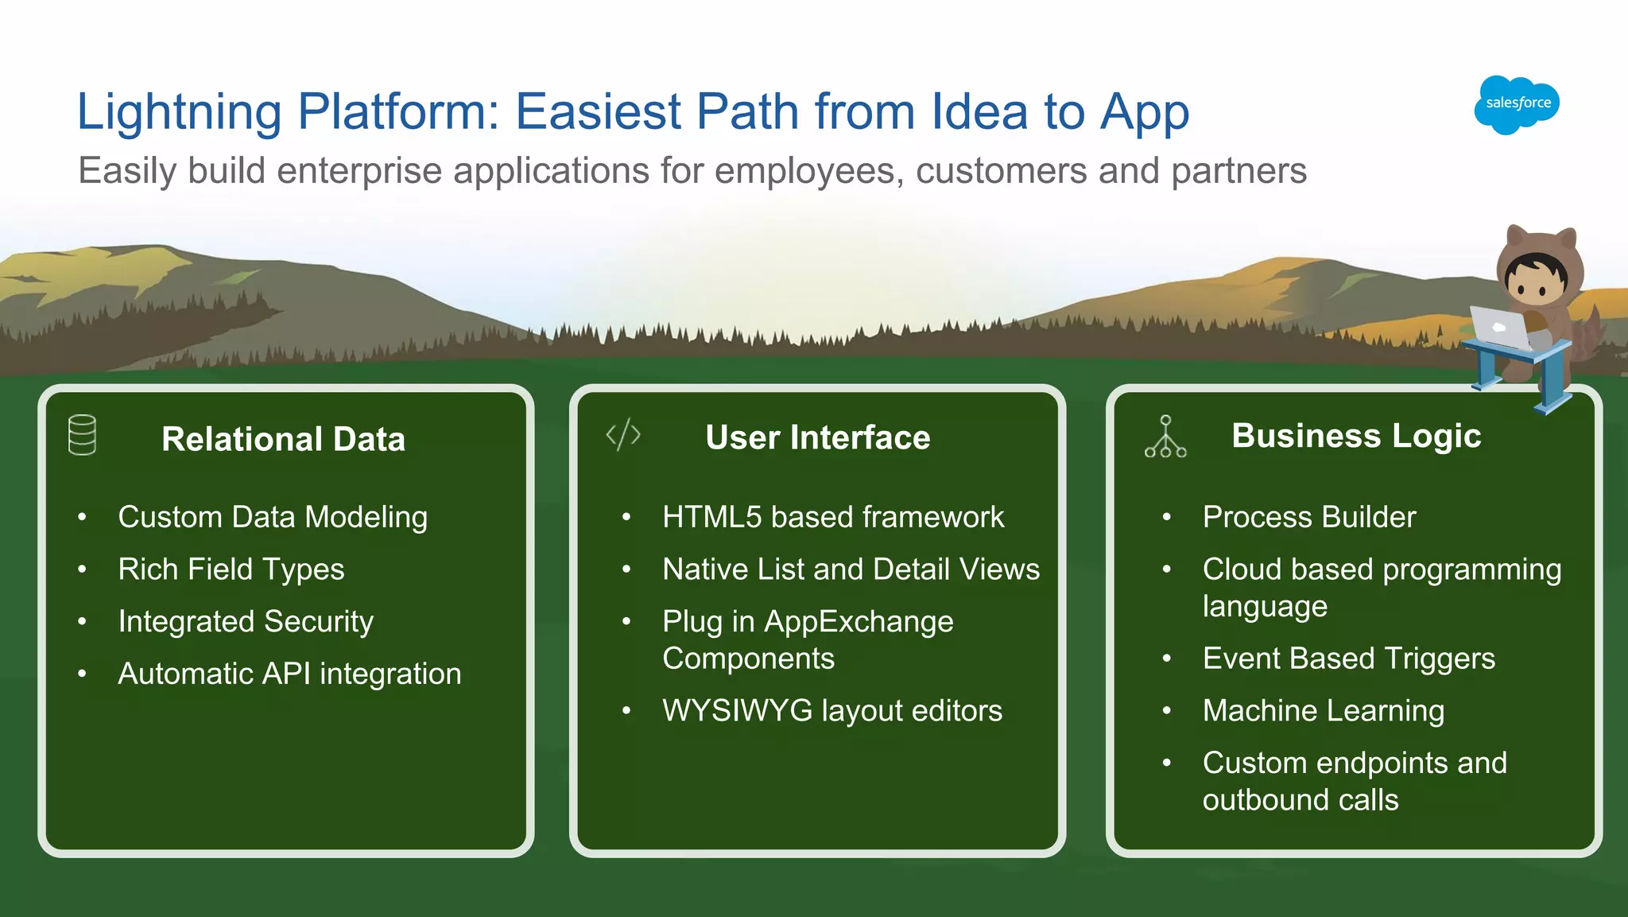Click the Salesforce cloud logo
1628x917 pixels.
coord(1517,104)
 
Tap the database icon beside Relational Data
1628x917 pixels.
coord(83,435)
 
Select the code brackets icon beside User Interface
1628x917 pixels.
coord(623,435)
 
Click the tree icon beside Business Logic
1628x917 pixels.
coord(1165,437)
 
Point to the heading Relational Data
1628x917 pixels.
coord(283,439)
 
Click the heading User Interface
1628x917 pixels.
coord(817,437)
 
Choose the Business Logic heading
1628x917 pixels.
coord(1356,436)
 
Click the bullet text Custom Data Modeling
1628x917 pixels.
coord(273,517)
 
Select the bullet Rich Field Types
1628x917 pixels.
coord(231,569)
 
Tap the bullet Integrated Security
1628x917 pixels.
coord(246,621)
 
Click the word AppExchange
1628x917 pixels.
coord(859,621)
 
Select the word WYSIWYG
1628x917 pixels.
coord(737,710)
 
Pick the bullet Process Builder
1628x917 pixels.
coord(1309,517)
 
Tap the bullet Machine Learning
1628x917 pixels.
coord(1324,710)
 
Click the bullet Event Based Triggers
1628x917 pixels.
coord(1349,659)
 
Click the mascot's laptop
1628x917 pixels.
coord(1498,328)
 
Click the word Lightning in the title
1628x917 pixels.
coord(179,111)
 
